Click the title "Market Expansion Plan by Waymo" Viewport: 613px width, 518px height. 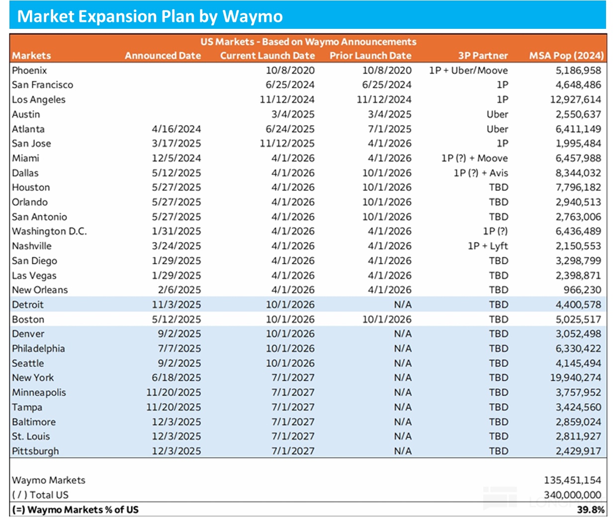(x=150, y=16)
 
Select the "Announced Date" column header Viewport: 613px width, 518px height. (x=163, y=56)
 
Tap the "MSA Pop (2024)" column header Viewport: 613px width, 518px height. (x=566, y=56)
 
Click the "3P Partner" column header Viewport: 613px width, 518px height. (x=483, y=56)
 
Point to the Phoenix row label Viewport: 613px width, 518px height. (x=29, y=71)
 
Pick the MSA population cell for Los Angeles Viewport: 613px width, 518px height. (x=575, y=99)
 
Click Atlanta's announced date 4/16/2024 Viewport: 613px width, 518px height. (x=176, y=129)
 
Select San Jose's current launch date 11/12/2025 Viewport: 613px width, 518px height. (x=287, y=144)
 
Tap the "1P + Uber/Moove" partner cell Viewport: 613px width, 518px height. (x=468, y=71)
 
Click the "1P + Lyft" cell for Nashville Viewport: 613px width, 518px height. (x=488, y=246)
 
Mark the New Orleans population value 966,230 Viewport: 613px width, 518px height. (x=582, y=290)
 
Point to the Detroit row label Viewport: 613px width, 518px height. (x=28, y=305)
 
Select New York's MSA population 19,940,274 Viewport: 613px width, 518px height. (x=575, y=378)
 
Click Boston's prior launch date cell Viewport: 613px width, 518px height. (x=387, y=319)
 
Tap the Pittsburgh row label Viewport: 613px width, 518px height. (x=35, y=451)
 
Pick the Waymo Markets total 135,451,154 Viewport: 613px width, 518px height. (x=572, y=480)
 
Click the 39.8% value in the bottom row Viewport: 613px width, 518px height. (x=591, y=510)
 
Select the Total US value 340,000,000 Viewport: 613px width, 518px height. (x=572, y=495)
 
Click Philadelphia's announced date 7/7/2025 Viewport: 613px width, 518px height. (x=179, y=348)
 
